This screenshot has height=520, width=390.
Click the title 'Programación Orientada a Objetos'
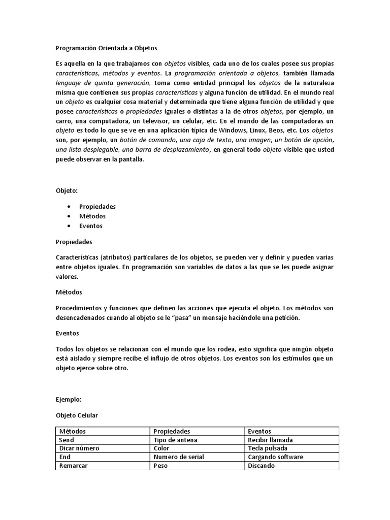pos(107,48)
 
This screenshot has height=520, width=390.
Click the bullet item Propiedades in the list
pos(97,206)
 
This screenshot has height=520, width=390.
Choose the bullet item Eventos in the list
pos(91,226)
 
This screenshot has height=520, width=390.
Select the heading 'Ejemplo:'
pos(69,400)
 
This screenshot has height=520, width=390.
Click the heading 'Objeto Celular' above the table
pos(77,415)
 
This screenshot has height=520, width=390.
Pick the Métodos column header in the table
pos(73,431)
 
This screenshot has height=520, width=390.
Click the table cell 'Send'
pos(67,440)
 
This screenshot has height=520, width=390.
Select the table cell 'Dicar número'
pos(79,448)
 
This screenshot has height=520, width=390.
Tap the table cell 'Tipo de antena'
pos(175,440)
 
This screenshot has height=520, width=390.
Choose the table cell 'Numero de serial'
pos(179,457)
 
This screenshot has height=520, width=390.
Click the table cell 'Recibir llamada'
pos(270,440)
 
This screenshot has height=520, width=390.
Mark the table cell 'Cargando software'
pos(275,457)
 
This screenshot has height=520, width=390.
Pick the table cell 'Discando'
pos(261,466)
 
